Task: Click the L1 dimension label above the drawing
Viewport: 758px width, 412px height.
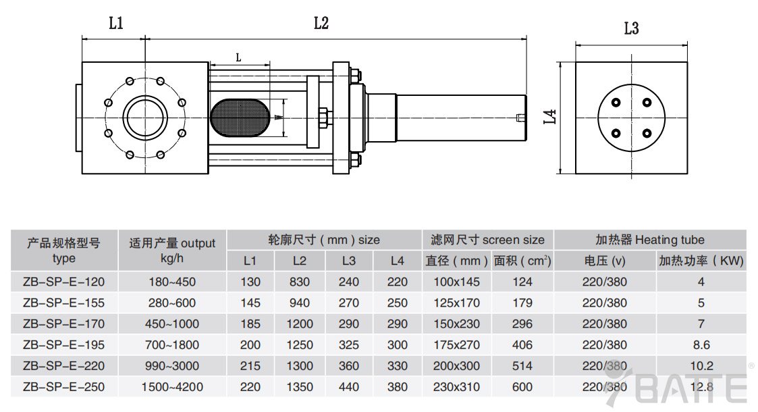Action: [x=116, y=24]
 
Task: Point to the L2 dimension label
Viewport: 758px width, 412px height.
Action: [x=321, y=24]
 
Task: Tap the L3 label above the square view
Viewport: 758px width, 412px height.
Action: [x=631, y=28]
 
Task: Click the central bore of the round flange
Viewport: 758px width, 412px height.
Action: [x=144, y=116]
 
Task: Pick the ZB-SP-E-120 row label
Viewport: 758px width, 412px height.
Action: [x=63, y=282]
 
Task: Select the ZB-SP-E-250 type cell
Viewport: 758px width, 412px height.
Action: [x=63, y=387]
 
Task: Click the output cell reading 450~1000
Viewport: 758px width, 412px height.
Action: [x=171, y=324]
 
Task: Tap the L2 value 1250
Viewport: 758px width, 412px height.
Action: [x=300, y=345]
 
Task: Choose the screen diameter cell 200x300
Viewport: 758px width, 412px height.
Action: [x=457, y=366]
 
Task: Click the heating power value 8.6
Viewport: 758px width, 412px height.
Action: [x=701, y=345]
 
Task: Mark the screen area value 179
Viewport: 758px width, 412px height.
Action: [x=522, y=303]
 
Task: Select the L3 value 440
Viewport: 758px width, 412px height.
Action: [x=349, y=387]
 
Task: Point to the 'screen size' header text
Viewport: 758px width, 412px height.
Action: [x=513, y=240]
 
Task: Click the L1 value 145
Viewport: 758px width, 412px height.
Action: [x=250, y=303]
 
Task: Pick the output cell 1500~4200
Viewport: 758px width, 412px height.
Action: [x=171, y=387]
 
